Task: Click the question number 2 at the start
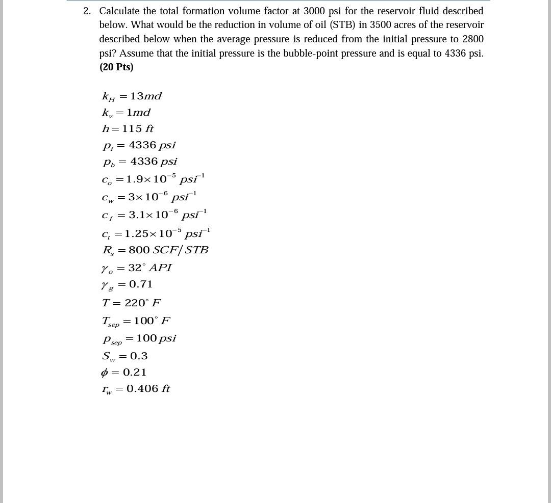[x=87, y=11]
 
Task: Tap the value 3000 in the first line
[x=314, y=11]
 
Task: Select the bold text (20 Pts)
[x=116, y=67]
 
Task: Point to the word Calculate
[x=119, y=11]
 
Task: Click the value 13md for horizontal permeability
[x=146, y=96]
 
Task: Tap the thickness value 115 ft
[x=138, y=128]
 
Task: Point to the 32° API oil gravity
[x=150, y=268]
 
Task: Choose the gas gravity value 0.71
[x=141, y=284]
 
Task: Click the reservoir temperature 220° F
[x=143, y=303]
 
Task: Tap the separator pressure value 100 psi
[x=156, y=338]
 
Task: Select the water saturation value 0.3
[x=139, y=356]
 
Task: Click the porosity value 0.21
[x=135, y=372]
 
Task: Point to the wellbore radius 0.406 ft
[x=148, y=388]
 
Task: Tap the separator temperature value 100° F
[x=152, y=321]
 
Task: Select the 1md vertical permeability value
[x=138, y=112]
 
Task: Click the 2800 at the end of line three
[x=473, y=39]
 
